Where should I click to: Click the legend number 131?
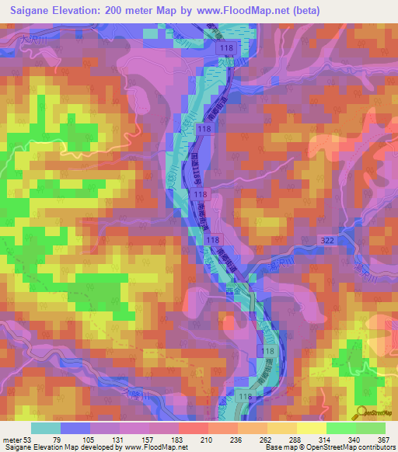coord(120,440)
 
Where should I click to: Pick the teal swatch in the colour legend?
coord(46,428)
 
